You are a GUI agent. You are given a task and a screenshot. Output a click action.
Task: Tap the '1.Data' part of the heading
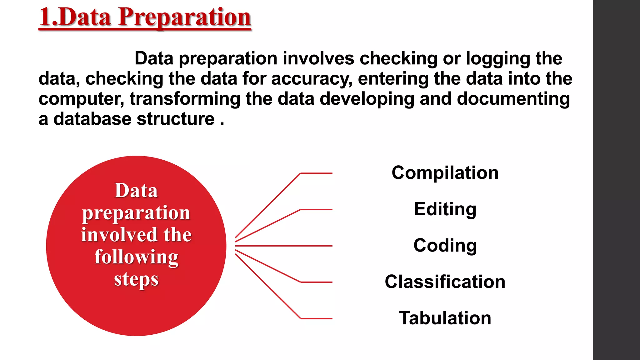click(x=75, y=17)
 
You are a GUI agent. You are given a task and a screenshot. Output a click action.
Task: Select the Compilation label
click(x=445, y=173)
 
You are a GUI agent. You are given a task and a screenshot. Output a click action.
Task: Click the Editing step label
click(x=445, y=209)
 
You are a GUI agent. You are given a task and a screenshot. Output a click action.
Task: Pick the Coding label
click(x=445, y=246)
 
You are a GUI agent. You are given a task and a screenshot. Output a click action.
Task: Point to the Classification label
click(x=445, y=282)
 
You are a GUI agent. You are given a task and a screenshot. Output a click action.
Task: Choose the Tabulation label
click(x=445, y=318)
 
